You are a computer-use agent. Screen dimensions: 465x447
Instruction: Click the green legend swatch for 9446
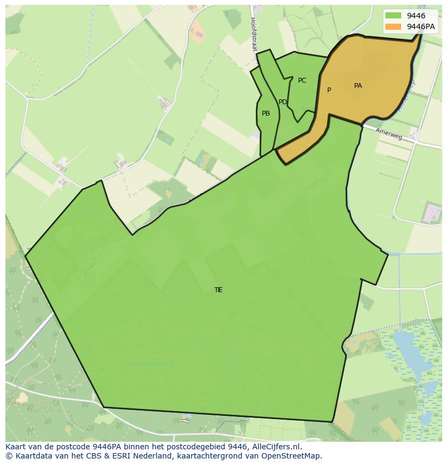click(393, 16)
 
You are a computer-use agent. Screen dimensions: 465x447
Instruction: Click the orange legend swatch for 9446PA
click(393, 26)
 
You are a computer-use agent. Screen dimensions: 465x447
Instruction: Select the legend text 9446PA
click(422, 26)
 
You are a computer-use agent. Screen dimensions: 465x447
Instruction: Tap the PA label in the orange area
click(358, 86)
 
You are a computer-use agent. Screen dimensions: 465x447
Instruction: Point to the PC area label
click(302, 80)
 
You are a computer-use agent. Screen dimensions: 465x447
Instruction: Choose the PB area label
click(266, 113)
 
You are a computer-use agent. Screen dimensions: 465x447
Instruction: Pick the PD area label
click(282, 102)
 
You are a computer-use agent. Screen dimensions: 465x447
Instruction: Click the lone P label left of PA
click(329, 90)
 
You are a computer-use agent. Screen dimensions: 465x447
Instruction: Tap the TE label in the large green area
click(218, 290)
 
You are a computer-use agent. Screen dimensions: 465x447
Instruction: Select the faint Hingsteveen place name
click(152, 363)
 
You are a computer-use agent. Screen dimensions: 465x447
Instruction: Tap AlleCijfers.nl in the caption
click(276, 447)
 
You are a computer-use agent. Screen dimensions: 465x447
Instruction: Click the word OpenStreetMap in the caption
click(295, 456)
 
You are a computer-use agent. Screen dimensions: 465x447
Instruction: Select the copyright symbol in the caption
click(9, 456)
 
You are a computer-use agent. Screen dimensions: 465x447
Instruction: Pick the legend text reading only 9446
click(416, 16)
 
